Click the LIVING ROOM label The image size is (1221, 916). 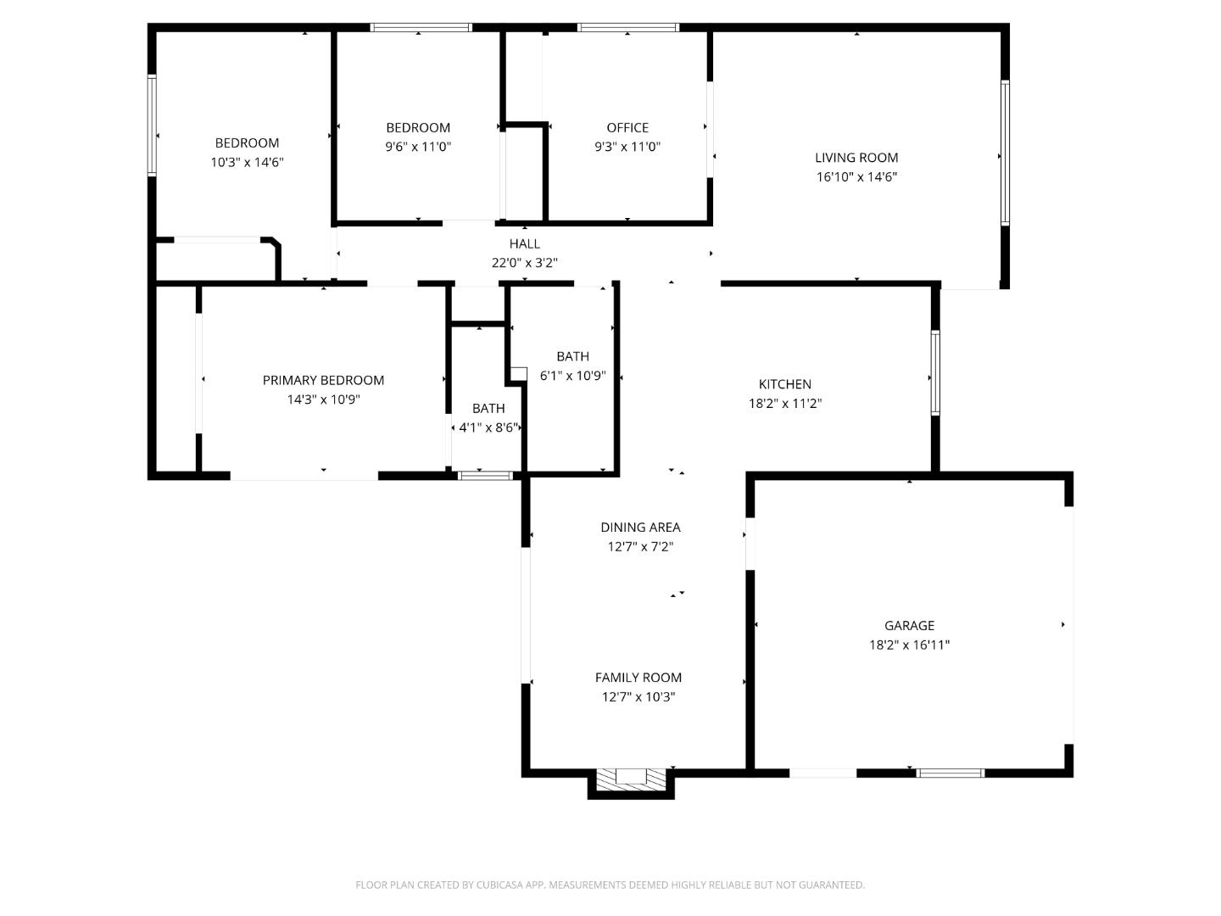pos(856,158)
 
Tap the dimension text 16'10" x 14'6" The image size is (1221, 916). pos(856,177)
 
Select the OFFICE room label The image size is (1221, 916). pos(627,128)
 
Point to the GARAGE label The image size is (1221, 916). pos(909,626)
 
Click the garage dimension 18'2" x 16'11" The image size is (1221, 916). pos(909,645)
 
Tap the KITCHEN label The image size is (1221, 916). pos(784,385)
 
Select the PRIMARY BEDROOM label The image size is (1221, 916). pos(323,381)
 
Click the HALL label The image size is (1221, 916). pos(524,244)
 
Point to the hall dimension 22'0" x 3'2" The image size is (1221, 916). pos(524,264)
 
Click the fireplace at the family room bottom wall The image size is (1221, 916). pos(631,780)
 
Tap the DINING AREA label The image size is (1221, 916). pos(640,528)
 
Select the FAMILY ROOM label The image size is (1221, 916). pos(638,678)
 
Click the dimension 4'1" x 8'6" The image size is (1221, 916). pos(488,428)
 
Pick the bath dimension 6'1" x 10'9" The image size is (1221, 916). pos(572,376)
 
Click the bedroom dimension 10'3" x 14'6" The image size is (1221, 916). pos(247,163)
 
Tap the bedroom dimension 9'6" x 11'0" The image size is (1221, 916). pos(418,148)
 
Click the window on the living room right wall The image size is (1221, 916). pos(1005,153)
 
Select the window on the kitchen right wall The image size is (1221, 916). pos(935,372)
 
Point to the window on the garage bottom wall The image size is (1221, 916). pos(951,773)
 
